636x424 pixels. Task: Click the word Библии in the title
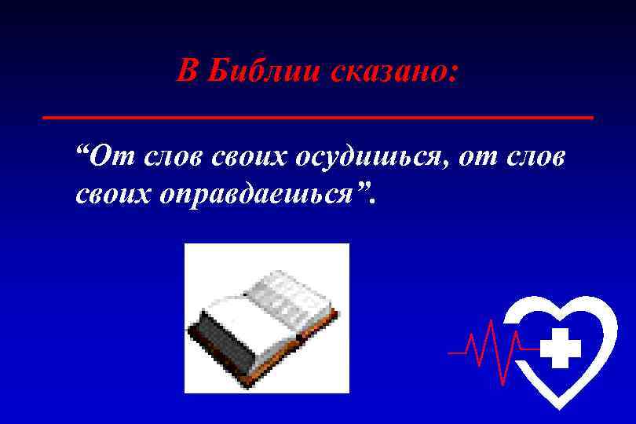pos(258,71)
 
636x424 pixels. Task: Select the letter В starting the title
pos(185,71)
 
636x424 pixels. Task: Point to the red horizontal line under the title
pos(318,116)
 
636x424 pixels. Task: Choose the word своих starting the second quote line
pos(114,195)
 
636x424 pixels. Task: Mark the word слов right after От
pos(174,158)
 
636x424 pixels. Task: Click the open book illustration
pos(266,318)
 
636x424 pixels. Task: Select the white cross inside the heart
pos(561,349)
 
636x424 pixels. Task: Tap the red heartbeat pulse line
pos(487,345)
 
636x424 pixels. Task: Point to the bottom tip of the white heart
pos(558,407)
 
